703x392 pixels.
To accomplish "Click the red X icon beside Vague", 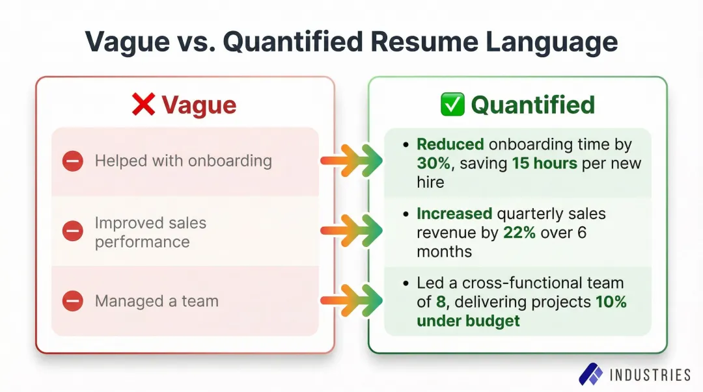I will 143,104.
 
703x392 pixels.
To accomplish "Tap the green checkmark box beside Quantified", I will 452,104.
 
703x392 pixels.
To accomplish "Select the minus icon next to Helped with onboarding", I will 73,161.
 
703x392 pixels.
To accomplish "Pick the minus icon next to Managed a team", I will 73,301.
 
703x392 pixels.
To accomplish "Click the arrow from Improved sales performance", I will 351,231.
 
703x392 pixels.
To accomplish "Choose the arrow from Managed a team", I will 351,301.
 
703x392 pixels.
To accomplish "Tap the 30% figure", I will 435,163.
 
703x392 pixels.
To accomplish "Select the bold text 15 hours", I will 545,163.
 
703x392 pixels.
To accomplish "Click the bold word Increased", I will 454,214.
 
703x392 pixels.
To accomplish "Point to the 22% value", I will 519,233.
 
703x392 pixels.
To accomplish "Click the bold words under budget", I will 468,320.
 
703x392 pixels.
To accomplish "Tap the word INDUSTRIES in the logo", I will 650,374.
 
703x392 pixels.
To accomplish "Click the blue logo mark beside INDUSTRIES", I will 591,374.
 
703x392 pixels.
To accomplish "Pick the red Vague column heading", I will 199,105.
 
